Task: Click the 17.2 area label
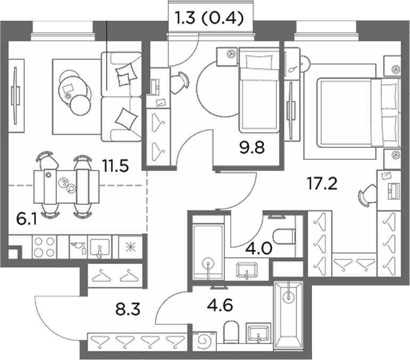[x=322, y=184]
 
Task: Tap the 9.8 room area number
[x=252, y=148]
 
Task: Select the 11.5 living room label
[x=116, y=166]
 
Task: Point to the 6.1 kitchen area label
[x=27, y=219]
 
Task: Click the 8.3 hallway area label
[x=128, y=309]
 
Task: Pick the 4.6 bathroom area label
[x=220, y=305]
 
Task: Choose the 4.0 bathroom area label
[x=259, y=248]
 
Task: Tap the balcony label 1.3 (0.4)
[x=209, y=19]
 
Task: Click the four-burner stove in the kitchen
[x=44, y=247]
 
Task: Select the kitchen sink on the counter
[x=100, y=247]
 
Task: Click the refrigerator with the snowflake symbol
[x=130, y=247]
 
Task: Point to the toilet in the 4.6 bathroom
[x=232, y=332]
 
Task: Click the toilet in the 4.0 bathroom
[x=284, y=237]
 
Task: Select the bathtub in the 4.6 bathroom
[x=289, y=316]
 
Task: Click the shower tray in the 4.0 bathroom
[x=208, y=251]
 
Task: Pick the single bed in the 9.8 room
[x=259, y=90]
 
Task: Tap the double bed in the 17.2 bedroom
[x=358, y=113]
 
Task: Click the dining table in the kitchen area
[x=67, y=187]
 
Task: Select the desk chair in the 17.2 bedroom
[x=367, y=195]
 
